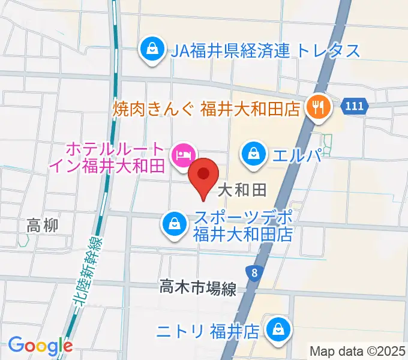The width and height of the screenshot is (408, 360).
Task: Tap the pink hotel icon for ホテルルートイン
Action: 182,156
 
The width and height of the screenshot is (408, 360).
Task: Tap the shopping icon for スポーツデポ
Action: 173,224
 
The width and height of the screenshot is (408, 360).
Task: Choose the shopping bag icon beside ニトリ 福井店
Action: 278,329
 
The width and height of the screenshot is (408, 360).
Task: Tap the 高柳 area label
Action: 43,226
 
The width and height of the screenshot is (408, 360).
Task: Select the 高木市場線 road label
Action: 198,289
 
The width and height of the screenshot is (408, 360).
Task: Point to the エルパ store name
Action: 296,155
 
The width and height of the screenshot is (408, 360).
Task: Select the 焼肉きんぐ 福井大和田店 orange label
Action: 207,109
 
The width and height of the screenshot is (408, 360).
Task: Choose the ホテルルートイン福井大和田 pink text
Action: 114,157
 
